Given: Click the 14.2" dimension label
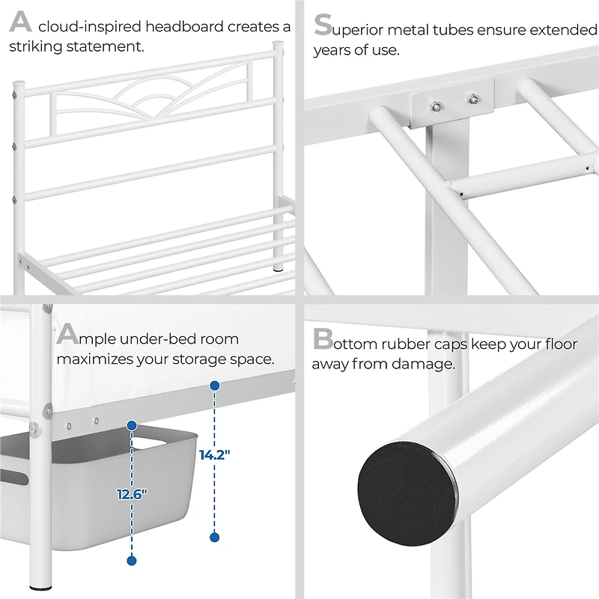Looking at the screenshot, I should (214, 454).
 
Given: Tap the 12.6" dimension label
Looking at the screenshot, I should (133, 493).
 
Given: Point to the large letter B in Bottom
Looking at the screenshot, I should (323, 340).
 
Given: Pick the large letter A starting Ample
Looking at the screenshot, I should (68, 334).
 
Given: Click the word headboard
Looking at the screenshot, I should (183, 28).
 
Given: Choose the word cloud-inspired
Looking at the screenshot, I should (90, 28).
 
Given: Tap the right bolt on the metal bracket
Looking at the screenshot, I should (472, 97).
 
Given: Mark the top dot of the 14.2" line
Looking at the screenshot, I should (214, 386).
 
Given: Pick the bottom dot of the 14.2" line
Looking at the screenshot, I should (214, 537).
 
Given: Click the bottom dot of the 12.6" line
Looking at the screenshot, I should (132, 560).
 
